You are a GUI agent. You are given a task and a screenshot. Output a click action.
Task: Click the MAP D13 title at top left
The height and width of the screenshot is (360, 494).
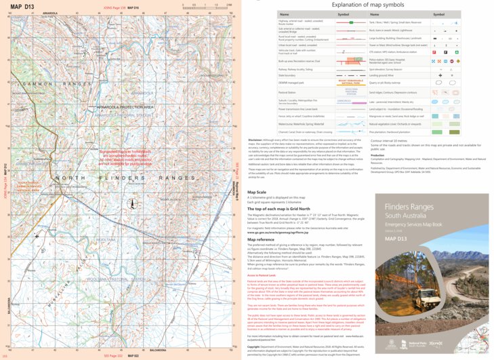[x=22, y=6]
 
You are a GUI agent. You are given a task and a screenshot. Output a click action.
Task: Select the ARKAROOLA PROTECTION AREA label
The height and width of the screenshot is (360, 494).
[x=125, y=107]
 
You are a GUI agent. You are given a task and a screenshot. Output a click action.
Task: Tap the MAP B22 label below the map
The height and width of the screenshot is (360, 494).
[x=132, y=355]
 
